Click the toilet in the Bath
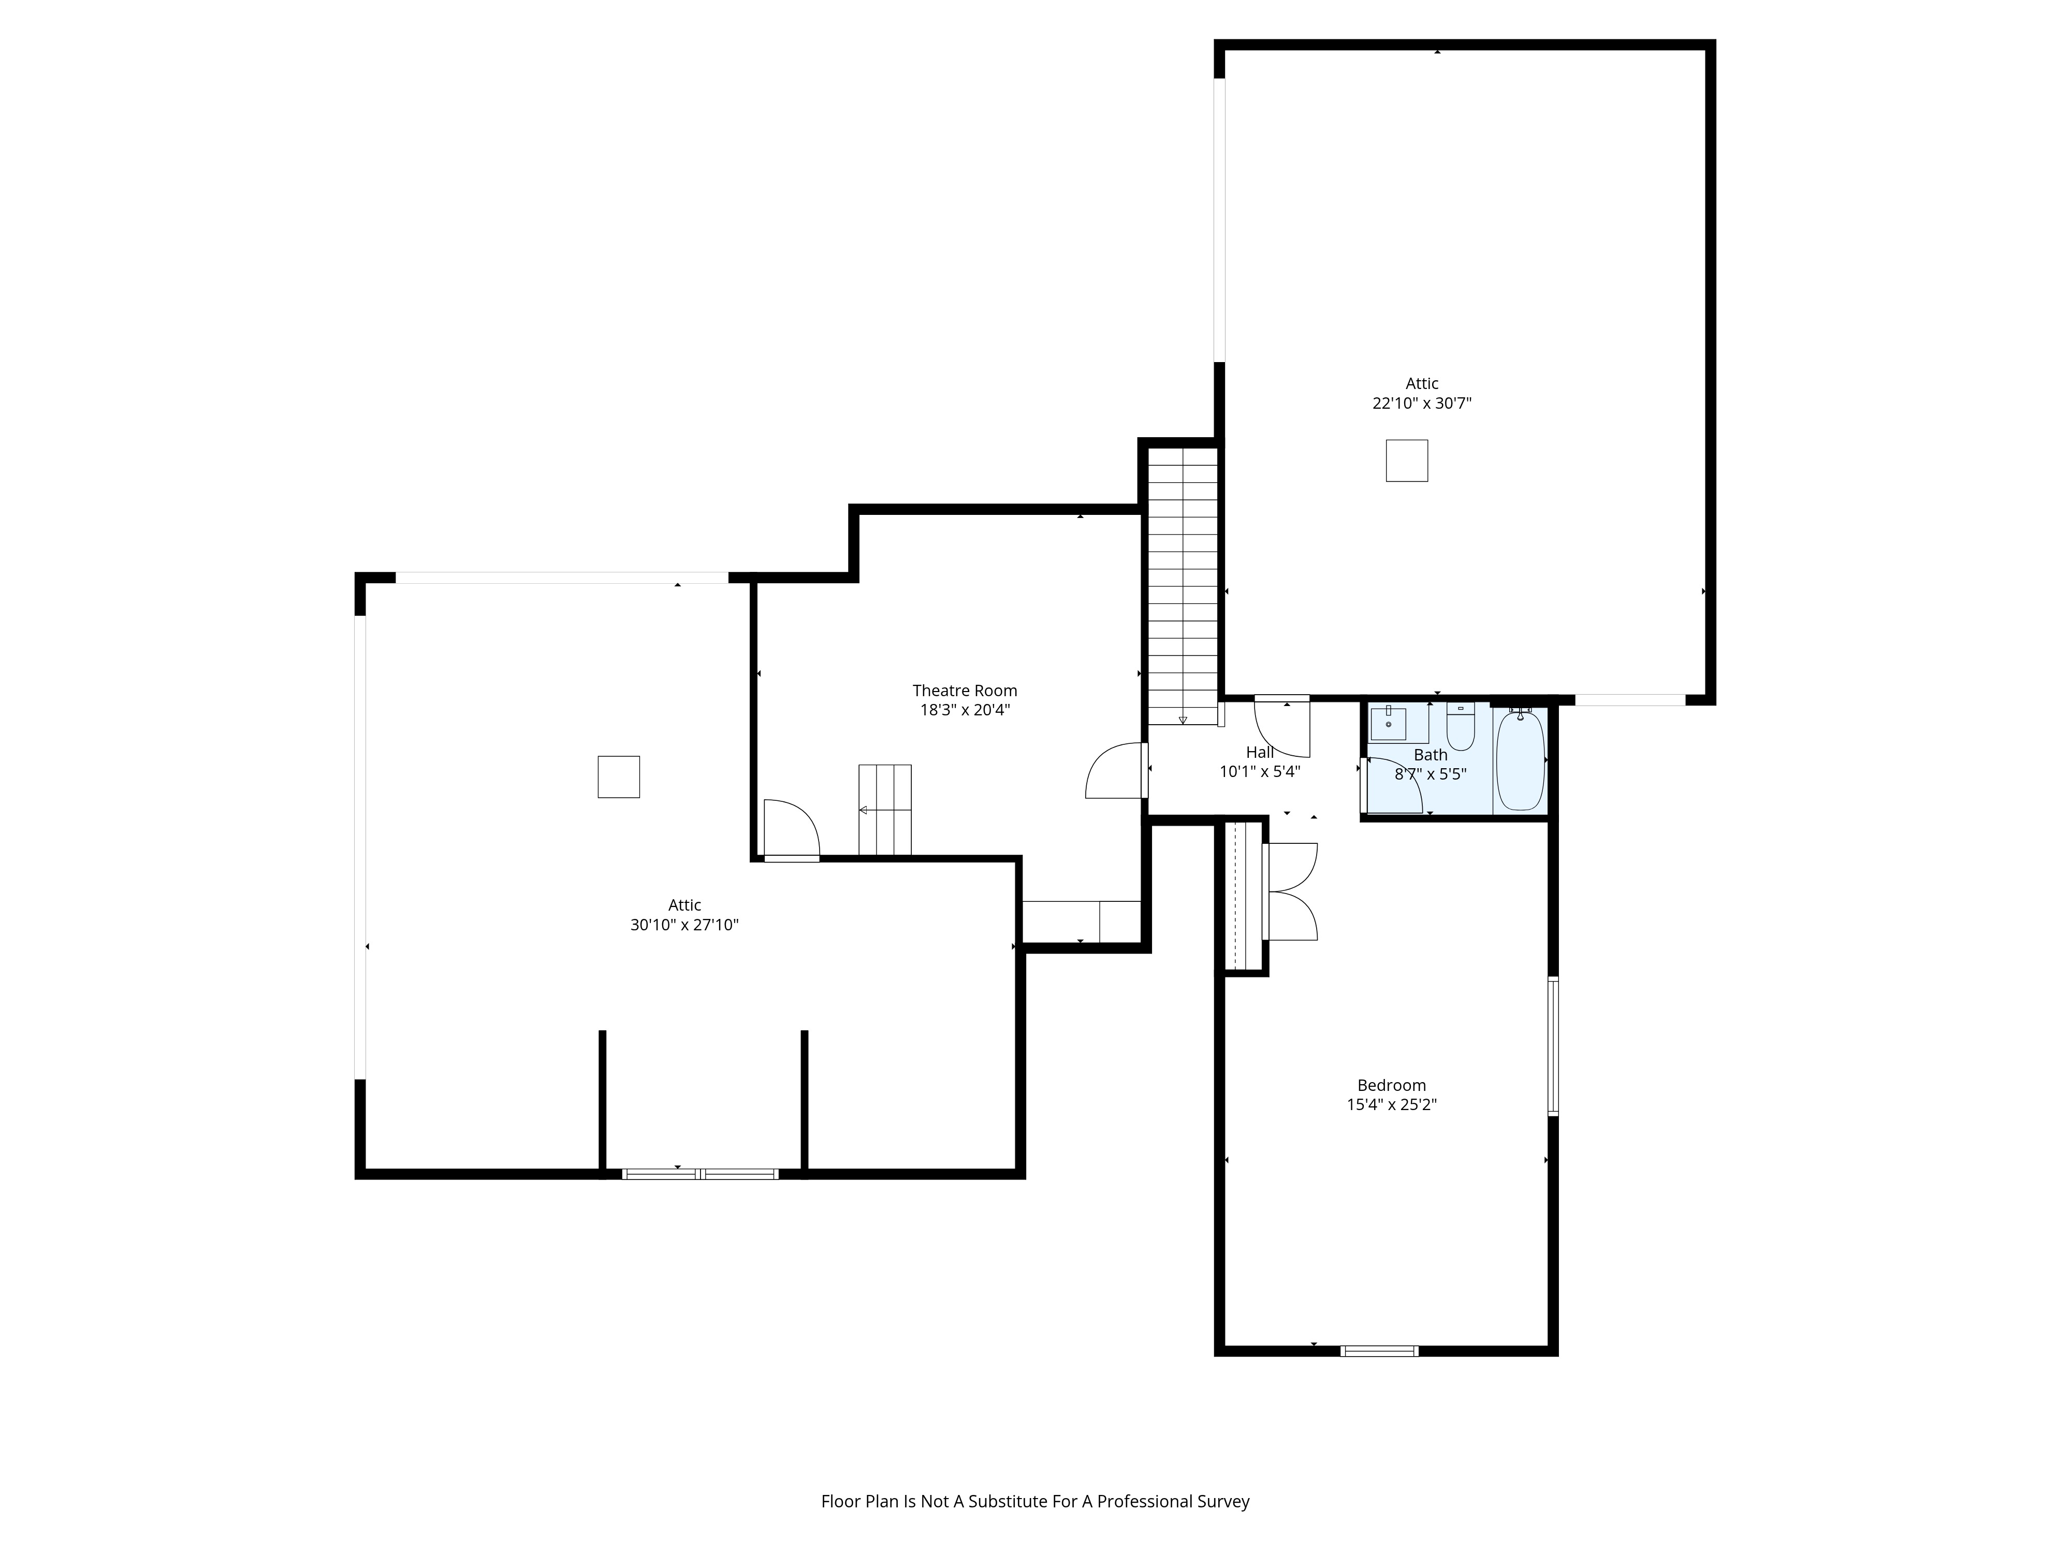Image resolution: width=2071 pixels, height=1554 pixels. click(1461, 726)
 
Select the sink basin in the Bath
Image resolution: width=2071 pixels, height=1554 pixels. click(1389, 723)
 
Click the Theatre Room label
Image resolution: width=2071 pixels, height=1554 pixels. click(965, 690)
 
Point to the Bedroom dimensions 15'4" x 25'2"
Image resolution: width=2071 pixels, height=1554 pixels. click(1391, 1104)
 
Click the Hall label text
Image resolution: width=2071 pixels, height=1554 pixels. click(1259, 752)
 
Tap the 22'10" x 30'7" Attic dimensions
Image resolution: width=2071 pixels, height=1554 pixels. click(1422, 404)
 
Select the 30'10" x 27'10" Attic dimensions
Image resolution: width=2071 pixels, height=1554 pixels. click(684, 925)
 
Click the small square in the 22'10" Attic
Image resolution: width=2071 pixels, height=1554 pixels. click(1406, 461)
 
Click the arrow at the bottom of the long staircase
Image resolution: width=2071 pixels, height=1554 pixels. click(1183, 720)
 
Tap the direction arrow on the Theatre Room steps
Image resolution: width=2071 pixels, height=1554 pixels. click(863, 809)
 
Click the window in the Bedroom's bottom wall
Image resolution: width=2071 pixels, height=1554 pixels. click(1379, 1351)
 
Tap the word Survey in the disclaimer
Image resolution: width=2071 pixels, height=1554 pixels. click(1223, 1528)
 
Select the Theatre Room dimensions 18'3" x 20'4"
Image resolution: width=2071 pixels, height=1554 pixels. click(965, 710)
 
